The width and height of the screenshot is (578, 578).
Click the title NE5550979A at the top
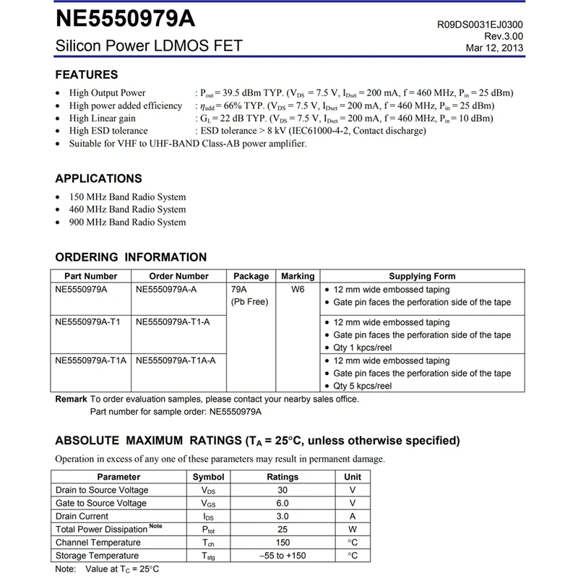pos(126,17)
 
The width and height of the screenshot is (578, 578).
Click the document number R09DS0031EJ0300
pos(480,24)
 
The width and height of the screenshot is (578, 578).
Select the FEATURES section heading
pos(87,74)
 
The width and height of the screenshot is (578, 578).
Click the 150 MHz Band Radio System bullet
pos(127,197)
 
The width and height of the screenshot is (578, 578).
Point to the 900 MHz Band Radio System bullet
pos(127,223)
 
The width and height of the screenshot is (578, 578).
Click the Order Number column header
pos(178,276)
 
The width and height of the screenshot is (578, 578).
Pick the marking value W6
pos(298,289)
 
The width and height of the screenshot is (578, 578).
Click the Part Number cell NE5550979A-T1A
pos(90,361)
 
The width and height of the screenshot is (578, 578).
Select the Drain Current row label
pos(82,516)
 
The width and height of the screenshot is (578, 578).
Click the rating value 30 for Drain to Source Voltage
pos(282,490)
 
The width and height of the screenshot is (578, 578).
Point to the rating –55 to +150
pos(282,556)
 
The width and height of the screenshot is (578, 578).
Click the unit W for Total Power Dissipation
pos(353,529)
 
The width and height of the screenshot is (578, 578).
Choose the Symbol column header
pos(209,477)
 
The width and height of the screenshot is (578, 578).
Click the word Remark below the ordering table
pos(72,399)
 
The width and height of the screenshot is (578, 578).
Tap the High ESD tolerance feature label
pos(108,131)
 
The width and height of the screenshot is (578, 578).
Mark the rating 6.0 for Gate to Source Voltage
pos(282,503)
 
